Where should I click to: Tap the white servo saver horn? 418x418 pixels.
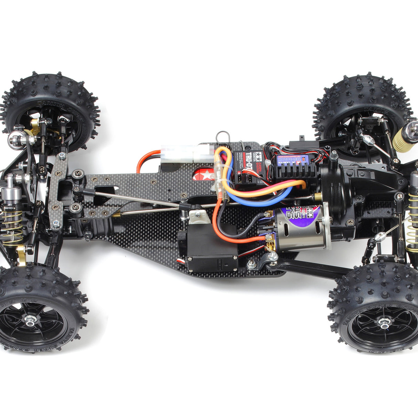[198, 217]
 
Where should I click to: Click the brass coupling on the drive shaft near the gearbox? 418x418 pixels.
[318, 196]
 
